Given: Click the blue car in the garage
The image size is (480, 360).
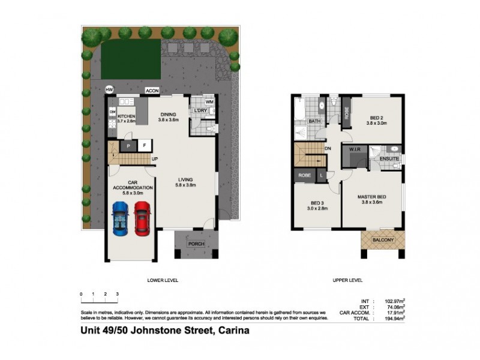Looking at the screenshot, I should (x=120, y=219).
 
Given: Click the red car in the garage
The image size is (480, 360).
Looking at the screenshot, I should (x=142, y=219).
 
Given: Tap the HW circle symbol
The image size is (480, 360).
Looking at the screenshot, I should (x=109, y=89).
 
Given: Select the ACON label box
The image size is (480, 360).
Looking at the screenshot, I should (x=152, y=92).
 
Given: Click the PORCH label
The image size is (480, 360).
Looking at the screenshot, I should (x=196, y=244).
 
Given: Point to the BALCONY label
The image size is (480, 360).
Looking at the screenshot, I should (x=383, y=240).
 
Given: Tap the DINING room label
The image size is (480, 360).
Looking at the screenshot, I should (x=169, y=116).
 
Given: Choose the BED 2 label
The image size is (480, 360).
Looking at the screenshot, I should (x=376, y=118).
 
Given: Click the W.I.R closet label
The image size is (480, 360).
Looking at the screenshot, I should (x=353, y=148).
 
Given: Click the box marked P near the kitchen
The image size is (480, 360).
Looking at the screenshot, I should (x=128, y=145).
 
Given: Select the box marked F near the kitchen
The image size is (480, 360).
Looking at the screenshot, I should (x=144, y=145).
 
